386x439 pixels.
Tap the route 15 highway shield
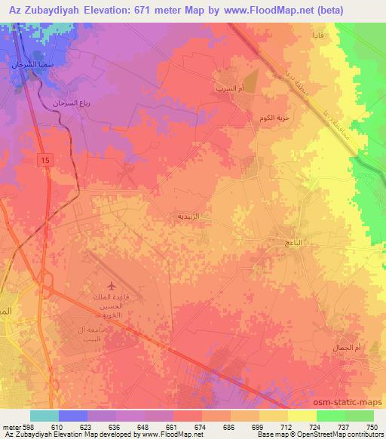[46, 161]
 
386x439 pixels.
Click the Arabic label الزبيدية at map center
[188, 216]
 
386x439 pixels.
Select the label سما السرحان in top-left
[28, 66]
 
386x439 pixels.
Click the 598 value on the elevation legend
[23, 427]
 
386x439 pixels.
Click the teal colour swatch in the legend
[44, 416]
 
